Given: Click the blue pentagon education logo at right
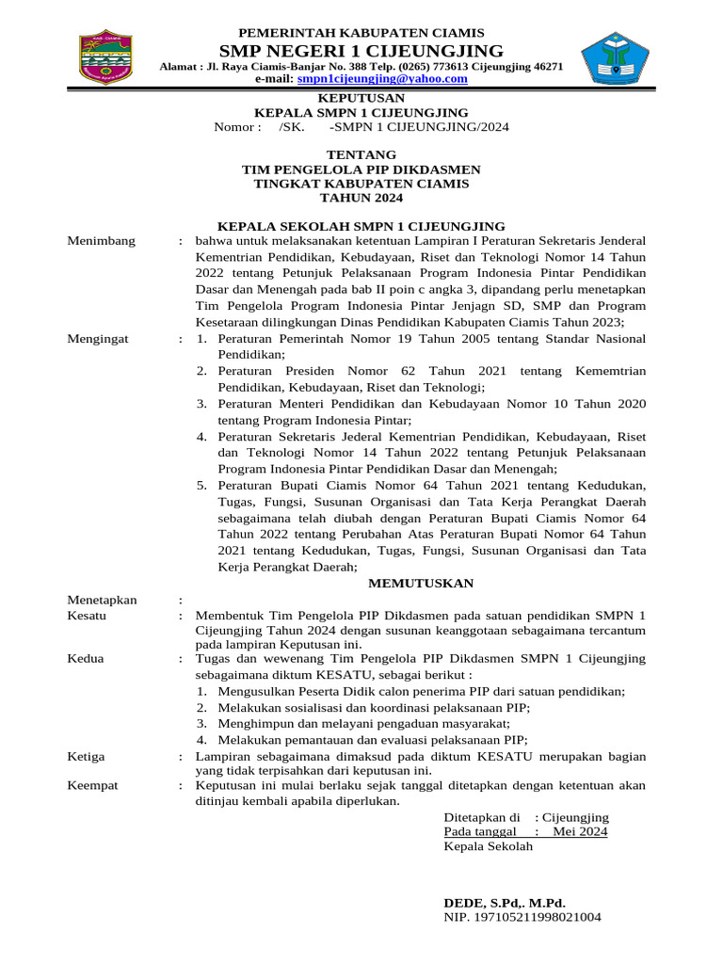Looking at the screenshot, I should click(x=615, y=59).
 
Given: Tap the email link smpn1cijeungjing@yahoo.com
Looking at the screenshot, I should click(x=381, y=80).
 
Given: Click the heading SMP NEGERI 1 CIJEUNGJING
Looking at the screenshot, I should click(x=361, y=50).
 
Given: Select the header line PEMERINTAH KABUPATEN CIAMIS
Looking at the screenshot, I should click(x=361, y=32).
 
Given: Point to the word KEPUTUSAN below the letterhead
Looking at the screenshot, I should click(x=361, y=98).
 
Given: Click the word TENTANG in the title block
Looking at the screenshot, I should click(x=361, y=154).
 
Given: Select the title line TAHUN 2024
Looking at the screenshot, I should click(x=361, y=199).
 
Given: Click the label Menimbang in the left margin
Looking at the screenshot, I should click(x=102, y=241).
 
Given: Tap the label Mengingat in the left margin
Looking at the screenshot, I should click(x=98, y=337).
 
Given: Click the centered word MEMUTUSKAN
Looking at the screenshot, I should click(x=420, y=584).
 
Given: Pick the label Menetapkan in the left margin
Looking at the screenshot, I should click(x=103, y=600).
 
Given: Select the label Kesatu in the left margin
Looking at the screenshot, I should click(x=88, y=615).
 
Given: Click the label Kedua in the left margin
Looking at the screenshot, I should click(x=87, y=658).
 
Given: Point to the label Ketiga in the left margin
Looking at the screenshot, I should click(x=87, y=756).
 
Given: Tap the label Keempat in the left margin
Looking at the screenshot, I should click(x=93, y=785).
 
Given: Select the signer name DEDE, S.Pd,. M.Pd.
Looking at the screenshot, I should click(x=505, y=902).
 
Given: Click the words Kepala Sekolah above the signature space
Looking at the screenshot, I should click(x=488, y=846).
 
